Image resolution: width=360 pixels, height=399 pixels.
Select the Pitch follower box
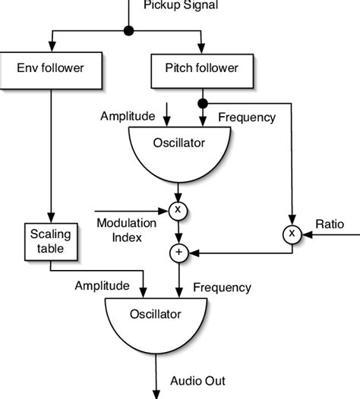coord(201,68)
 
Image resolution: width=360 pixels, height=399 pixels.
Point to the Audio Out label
coord(198,381)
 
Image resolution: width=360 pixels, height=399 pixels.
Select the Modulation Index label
coord(126,228)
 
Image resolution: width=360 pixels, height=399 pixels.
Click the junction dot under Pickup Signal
coord(128,31)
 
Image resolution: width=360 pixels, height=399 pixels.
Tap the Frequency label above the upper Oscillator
coord(246,117)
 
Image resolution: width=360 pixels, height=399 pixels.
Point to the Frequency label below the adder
coord(222,287)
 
